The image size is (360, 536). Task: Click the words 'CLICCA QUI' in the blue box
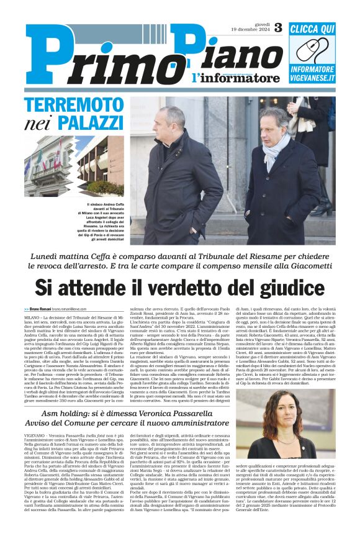pyautogui.click(x=312, y=29)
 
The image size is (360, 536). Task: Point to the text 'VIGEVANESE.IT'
pyautogui.click(x=312, y=78)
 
